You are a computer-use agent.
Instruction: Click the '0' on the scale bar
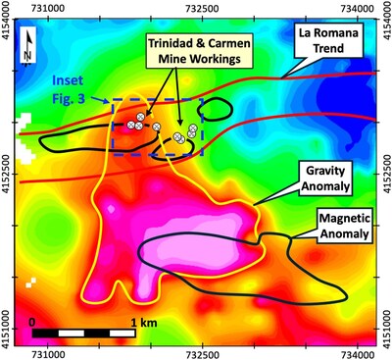33,320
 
